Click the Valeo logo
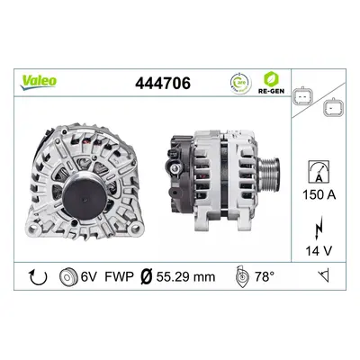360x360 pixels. pos(38,82)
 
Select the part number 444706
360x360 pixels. pos(163,83)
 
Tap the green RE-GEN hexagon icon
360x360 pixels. pos(272,79)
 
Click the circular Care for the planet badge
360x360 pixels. pos(240,83)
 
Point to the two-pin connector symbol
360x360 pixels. pos(303,97)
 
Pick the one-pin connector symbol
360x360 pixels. pos(333,107)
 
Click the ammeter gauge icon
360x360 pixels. pos(319,171)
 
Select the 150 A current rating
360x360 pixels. pos(319,195)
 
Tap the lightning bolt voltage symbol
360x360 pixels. pos(319,228)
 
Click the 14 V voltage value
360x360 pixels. pos(319,250)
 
